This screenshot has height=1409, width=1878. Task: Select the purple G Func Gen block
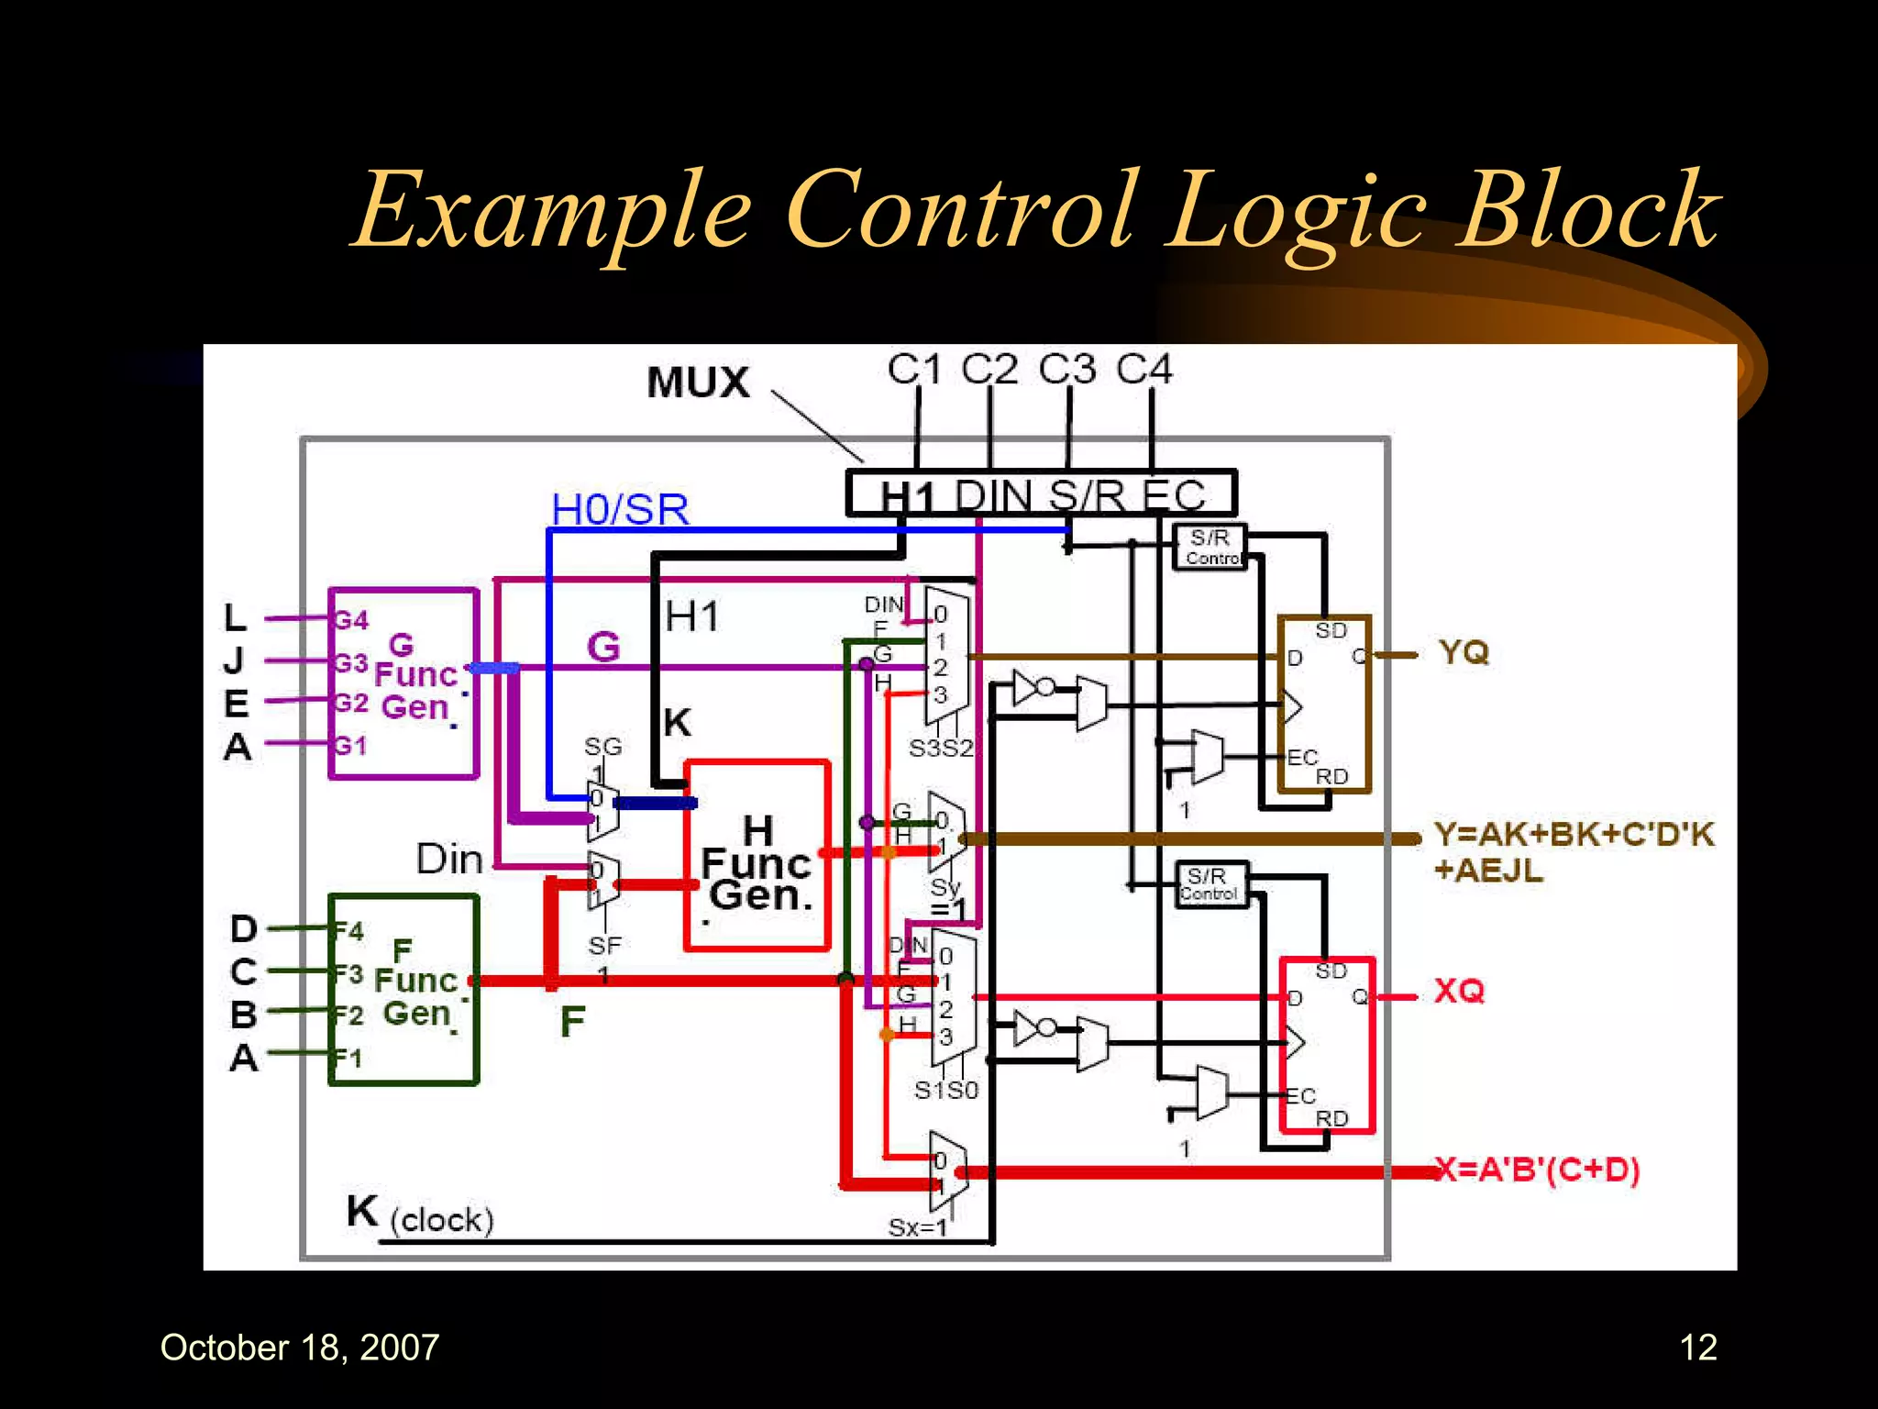404,683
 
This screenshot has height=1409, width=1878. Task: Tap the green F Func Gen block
404,990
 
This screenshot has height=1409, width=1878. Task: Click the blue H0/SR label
620,510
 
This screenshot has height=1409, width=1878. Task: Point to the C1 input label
913,370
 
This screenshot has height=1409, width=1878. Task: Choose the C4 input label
1143,370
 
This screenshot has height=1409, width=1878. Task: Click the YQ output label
1464,653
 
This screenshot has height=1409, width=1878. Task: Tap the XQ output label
1459,991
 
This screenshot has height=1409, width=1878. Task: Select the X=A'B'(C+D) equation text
1539,1170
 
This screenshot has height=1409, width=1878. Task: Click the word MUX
698,383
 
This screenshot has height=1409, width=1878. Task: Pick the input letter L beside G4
236,617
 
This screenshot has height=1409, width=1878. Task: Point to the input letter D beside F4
243,929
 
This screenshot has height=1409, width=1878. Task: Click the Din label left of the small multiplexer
448,860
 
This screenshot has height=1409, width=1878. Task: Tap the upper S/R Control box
1211,548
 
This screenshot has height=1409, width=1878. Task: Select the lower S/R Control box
1210,885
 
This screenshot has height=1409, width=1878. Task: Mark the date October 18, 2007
300,1348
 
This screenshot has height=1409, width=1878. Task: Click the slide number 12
1697,1348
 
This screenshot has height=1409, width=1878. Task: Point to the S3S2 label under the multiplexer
940,749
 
